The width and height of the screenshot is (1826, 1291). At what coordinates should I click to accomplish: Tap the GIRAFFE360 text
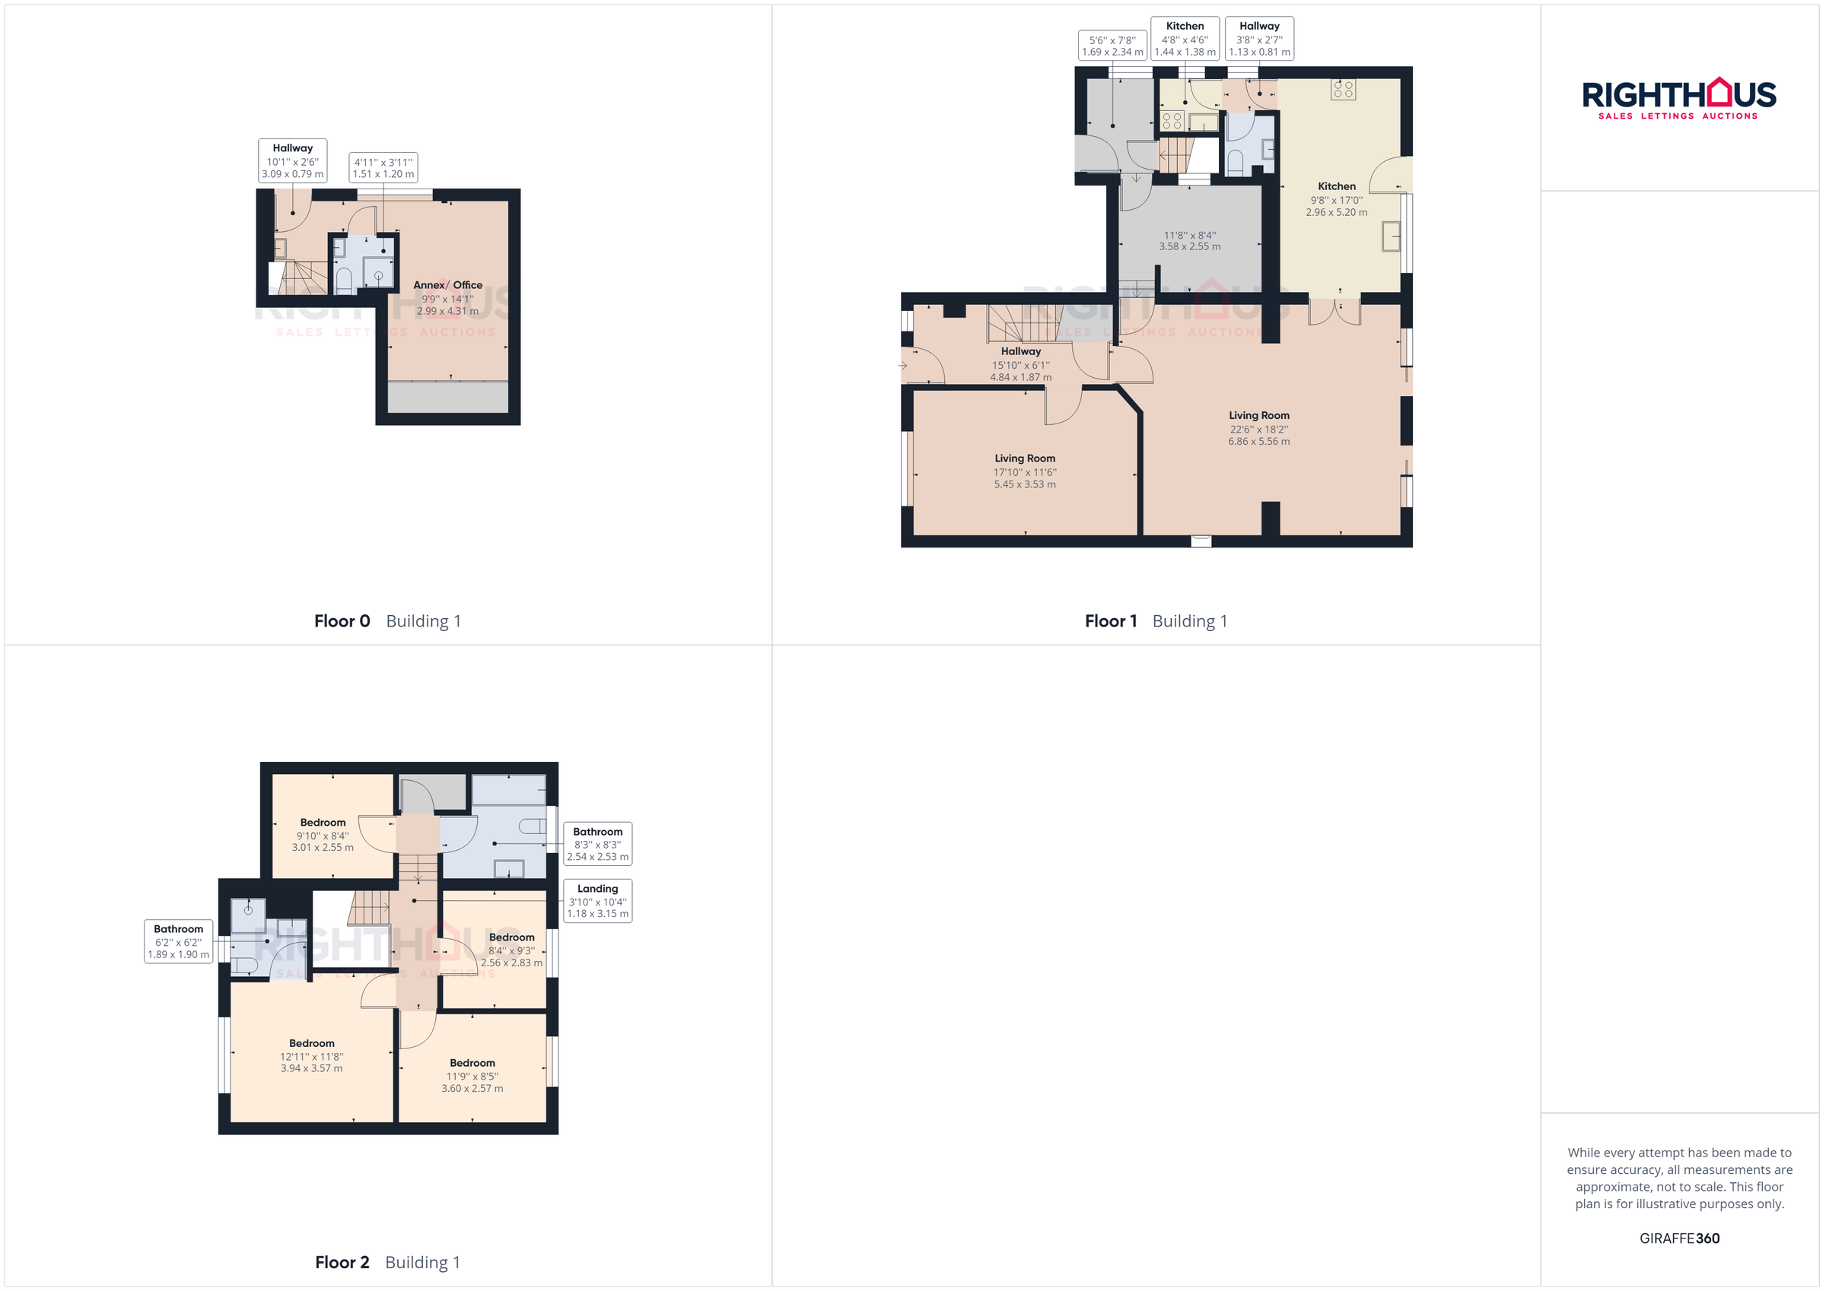pyautogui.click(x=1679, y=1238)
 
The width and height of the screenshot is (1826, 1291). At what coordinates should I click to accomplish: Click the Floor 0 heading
pyautogui.click(x=342, y=621)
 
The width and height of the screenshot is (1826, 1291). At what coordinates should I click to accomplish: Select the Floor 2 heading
pyautogui.click(x=342, y=1261)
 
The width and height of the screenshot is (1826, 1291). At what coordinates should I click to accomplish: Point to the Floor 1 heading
pyautogui.click(x=1110, y=621)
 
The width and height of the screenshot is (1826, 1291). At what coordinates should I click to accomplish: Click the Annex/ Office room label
pyautogui.click(x=448, y=297)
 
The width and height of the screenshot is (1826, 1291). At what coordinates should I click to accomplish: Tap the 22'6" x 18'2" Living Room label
pyautogui.click(x=1259, y=428)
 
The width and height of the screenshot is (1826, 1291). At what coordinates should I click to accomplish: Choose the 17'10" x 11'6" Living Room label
pyautogui.click(x=1024, y=471)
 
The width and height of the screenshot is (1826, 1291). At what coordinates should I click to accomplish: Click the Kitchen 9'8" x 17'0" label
pyautogui.click(x=1336, y=198)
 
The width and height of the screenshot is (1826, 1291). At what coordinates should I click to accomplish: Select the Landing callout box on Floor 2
pyautogui.click(x=597, y=901)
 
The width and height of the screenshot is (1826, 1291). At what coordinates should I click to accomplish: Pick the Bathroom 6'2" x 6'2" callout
pyautogui.click(x=178, y=941)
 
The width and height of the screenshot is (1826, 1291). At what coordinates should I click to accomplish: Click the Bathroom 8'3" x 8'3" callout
pyautogui.click(x=597, y=843)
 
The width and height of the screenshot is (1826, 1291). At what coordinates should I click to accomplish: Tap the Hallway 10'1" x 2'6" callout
pyautogui.click(x=293, y=160)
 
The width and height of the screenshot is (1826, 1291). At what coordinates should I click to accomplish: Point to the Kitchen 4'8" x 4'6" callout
pyautogui.click(x=1185, y=38)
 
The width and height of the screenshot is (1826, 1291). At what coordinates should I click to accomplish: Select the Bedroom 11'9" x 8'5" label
pyautogui.click(x=472, y=1075)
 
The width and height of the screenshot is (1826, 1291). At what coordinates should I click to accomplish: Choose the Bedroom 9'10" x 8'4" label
pyautogui.click(x=323, y=834)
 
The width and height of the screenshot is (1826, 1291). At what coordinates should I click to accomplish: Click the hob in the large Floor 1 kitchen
pyautogui.click(x=1344, y=89)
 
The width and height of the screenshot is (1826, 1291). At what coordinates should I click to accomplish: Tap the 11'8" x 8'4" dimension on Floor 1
pyautogui.click(x=1190, y=241)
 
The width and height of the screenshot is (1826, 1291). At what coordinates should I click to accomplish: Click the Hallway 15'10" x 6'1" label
pyautogui.click(x=1020, y=363)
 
